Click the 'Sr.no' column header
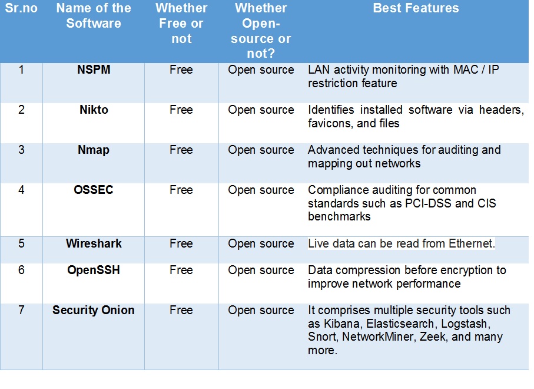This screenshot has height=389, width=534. [21, 9]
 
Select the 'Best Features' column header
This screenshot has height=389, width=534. [416, 9]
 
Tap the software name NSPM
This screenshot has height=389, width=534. [94, 70]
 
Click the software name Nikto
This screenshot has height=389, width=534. [94, 110]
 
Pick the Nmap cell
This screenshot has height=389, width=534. [94, 150]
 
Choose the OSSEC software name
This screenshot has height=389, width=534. [94, 190]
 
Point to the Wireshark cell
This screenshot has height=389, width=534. [94, 243]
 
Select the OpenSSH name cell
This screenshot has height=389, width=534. [94, 270]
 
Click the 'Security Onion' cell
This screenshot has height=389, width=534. [94, 310]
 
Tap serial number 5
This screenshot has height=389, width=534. [21, 243]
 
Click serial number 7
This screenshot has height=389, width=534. [21, 310]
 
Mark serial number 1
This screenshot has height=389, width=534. [21, 70]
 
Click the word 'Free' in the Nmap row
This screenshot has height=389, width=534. [181, 150]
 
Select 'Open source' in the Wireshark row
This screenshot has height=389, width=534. [261, 243]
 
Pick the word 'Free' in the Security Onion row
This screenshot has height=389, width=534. [181, 310]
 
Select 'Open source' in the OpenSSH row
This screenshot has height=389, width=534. [261, 270]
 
